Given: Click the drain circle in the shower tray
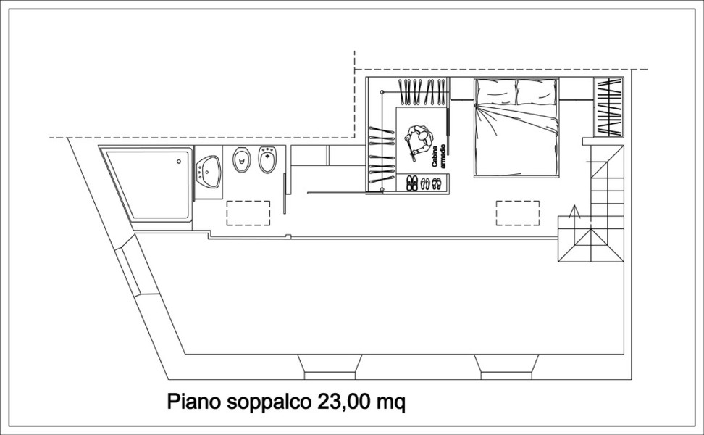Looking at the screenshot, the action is (179, 162).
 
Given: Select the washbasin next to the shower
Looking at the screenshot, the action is (209, 172).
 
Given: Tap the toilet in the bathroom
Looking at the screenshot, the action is (242, 159).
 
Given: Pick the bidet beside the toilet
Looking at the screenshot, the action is (268, 160).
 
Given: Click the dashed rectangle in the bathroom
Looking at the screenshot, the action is (248, 213).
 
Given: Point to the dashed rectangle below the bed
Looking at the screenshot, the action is (518, 213).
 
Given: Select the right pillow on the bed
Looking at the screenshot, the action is (537, 92).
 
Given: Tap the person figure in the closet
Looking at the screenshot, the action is (418, 141).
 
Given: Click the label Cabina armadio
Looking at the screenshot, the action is (437, 157).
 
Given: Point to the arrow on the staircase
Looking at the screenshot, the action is (574, 212).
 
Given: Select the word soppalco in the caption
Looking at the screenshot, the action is (269, 402).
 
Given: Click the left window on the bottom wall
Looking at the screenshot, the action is (330, 367).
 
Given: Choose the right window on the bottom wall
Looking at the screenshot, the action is (506, 367).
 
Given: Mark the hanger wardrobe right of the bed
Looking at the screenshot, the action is (609, 107).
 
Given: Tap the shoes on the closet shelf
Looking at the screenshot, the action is (424, 183).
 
